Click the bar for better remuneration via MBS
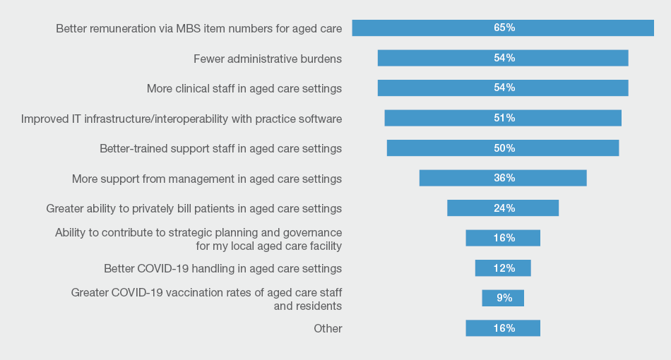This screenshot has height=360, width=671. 424,28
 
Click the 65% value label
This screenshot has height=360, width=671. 504,28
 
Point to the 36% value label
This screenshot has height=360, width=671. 504,178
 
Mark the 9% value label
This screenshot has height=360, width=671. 504,298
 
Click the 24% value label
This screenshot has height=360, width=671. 504,208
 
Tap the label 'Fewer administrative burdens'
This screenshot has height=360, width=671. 268,59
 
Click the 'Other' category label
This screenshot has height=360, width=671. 328,328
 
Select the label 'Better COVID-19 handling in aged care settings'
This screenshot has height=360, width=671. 222,268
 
